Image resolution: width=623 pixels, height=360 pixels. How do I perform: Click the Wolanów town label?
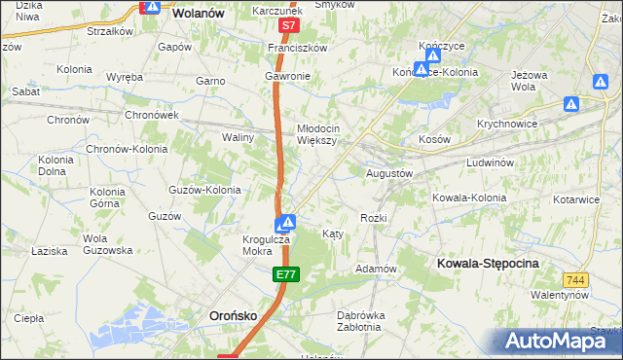pyautogui.click(x=198, y=14)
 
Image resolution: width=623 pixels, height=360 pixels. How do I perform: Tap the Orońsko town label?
pyautogui.click(x=235, y=315)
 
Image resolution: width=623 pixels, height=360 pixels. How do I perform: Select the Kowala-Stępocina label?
pyautogui.click(x=488, y=264)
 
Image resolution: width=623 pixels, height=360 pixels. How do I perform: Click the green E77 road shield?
pyautogui.click(x=285, y=277)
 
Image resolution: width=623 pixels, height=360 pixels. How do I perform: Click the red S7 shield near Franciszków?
pyautogui.click(x=287, y=25)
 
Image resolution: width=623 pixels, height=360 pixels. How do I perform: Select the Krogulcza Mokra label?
pyautogui.click(x=263, y=243)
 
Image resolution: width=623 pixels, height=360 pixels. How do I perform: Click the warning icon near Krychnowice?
pyautogui.click(x=572, y=103)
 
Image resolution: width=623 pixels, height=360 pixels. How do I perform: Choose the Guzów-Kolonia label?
pyautogui.click(x=204, y=190)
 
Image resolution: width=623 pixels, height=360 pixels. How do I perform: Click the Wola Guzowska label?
pyautogui.click(x=107, y=244)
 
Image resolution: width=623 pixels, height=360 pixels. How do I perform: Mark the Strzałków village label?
pyautogui.click(x=109, y=31)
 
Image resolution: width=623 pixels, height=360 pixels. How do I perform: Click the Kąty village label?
pyautogui.click(x=332, y=234)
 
